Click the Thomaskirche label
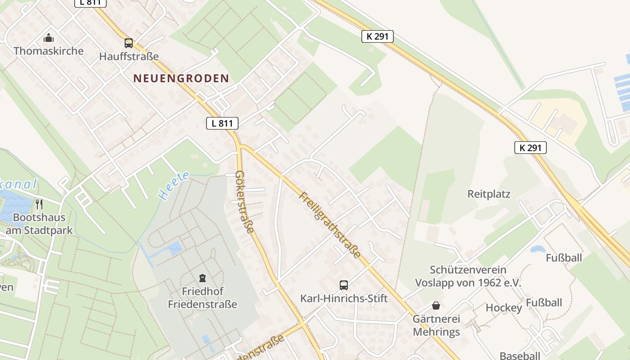tap(49, 51)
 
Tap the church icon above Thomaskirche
tap(49, 38)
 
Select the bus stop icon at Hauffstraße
tap(129, 43)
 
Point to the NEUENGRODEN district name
tap(181, 78)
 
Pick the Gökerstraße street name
tap(245, 202)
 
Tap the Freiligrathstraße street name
tap(330, 225)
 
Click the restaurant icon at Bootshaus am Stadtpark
tap(39, 204)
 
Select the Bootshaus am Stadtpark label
tap(39, 224)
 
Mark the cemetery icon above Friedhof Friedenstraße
tap(202, 278)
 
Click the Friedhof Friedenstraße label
tap(202, 297)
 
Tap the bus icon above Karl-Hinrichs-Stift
tap(344, 285)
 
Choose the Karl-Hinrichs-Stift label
tap(344, 298)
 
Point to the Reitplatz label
tap(489, 194)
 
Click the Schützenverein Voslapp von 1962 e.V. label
tap(468, 276)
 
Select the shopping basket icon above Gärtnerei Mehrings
tap(436, 306)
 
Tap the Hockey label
tap(504, 308)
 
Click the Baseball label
tap(520, 355)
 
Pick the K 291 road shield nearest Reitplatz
tap(530, 147)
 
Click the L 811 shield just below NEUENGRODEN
tap(222, 123)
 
